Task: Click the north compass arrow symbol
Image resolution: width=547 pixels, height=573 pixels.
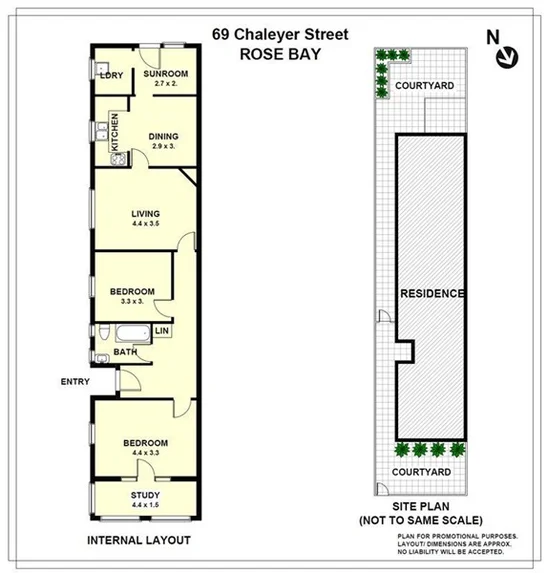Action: tap(508, 56)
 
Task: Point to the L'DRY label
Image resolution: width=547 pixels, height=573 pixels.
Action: tap(110, 75)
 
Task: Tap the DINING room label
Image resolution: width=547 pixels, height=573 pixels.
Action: tap(164, 137)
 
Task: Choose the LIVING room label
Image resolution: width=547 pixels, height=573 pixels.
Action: tap(146, 213)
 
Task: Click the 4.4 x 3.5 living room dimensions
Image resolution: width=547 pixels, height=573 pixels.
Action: tap(146, 224)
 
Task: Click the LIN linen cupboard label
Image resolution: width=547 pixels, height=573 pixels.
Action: tap(161, 331)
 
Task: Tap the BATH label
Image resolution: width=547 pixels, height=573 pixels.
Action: tap(125, 351)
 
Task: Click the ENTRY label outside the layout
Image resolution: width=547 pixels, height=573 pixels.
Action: tap(75, 381)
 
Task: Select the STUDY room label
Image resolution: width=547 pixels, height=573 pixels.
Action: tap(145, 494)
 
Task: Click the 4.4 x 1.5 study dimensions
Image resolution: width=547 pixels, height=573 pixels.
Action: tap(145, 505)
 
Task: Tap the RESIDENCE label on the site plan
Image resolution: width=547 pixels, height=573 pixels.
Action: tap(432, 294)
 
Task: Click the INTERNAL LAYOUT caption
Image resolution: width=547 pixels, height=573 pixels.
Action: tap(139, 540)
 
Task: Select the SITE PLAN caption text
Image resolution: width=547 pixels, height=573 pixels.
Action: tap(421, 507)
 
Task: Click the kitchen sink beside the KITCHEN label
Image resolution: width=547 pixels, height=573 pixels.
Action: tap(103, 131)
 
